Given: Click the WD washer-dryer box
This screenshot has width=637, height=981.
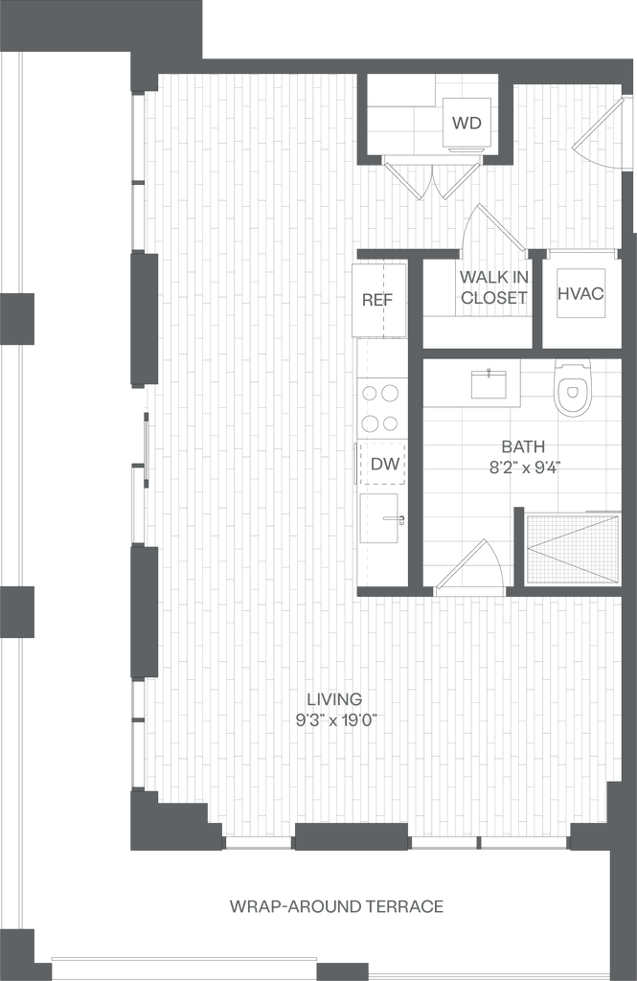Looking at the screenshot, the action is click(x=466, y=123).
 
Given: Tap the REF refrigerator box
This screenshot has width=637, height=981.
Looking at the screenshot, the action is click(x=378, y=299).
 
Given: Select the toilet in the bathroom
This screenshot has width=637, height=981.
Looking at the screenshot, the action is click(x=573, y=387).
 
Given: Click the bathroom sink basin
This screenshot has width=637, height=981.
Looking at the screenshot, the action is click(x=494, y=384).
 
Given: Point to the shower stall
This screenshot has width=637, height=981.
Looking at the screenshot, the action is click(x=573, y=548).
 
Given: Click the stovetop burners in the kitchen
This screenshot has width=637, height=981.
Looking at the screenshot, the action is click(x=381, y=408).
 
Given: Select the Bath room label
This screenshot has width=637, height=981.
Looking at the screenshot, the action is click(x=523, y=456).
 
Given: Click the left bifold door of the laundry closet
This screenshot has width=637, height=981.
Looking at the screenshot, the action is click(x=402, y=180).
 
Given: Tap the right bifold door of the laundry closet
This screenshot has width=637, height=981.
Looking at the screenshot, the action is click(x=461, y=180).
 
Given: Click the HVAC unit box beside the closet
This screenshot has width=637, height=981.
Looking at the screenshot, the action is click(x=581, y=294).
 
